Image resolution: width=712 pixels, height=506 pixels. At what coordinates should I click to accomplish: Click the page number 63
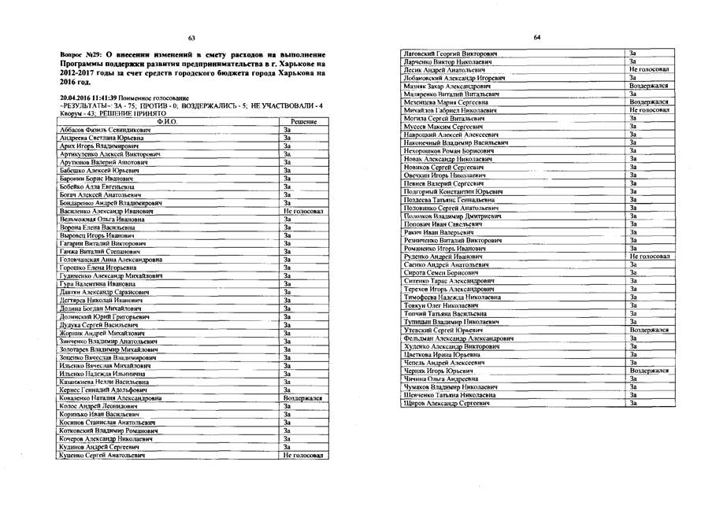click(x=191, y=38)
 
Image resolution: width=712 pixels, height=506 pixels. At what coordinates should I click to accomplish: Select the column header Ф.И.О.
click(x=168, y=122)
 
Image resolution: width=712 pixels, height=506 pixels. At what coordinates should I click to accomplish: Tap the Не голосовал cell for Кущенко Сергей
click(x=303, y=455)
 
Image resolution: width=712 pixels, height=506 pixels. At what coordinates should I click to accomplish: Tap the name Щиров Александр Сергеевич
click(x=442, y=403)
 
